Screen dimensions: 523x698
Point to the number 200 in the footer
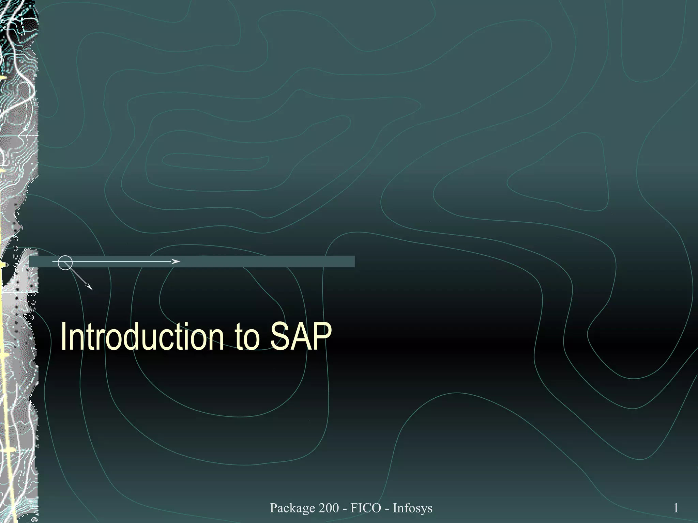click(329, 508)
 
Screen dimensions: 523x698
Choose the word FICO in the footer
click(366, 508)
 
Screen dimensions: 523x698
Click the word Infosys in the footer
click(412, 508)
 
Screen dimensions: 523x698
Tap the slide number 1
click(676, 508)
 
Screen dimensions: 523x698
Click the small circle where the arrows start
click(65, 263)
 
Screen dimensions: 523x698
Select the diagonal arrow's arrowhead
click(90, 287)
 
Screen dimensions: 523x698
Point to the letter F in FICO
click(354, 508)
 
